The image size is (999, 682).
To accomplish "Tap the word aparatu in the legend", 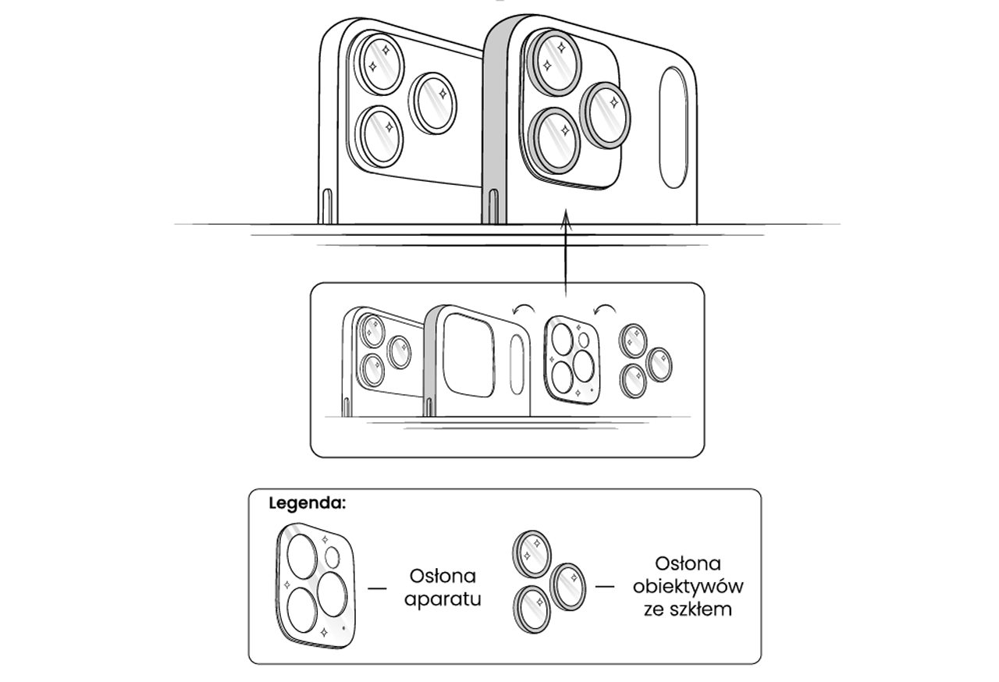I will (x=442, y=599).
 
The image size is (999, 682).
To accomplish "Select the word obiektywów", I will (x=688, y=586).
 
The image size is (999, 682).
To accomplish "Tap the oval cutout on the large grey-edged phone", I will (x=673, y=127).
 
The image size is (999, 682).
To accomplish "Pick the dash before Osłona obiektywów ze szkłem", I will (x=605, y=585).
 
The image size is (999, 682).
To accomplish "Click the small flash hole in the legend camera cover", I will (x=332, y=557).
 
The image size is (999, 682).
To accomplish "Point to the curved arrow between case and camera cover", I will (x=521, y=310).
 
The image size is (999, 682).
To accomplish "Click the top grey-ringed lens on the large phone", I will (x=556, y=61).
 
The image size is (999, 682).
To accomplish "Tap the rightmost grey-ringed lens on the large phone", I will (x=606, y=115).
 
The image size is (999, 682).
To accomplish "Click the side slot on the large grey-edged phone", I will (x=492, y=206).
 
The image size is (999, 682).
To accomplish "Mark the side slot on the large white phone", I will (x=327, y=206).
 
